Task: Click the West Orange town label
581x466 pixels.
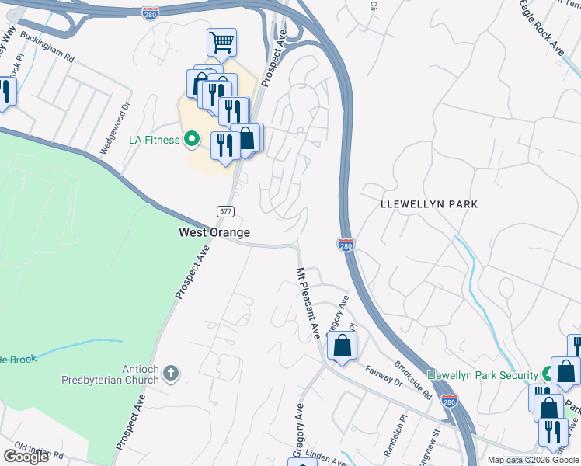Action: (214, 232)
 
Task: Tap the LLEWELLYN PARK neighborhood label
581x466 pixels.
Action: (429, 204)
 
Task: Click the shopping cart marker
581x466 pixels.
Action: (221, 43)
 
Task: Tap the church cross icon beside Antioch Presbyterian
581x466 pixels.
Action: (171, 374)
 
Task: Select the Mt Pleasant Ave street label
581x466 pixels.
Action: (308, 303)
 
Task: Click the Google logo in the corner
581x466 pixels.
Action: (26, 457)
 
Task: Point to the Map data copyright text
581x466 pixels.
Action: (533, 460)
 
